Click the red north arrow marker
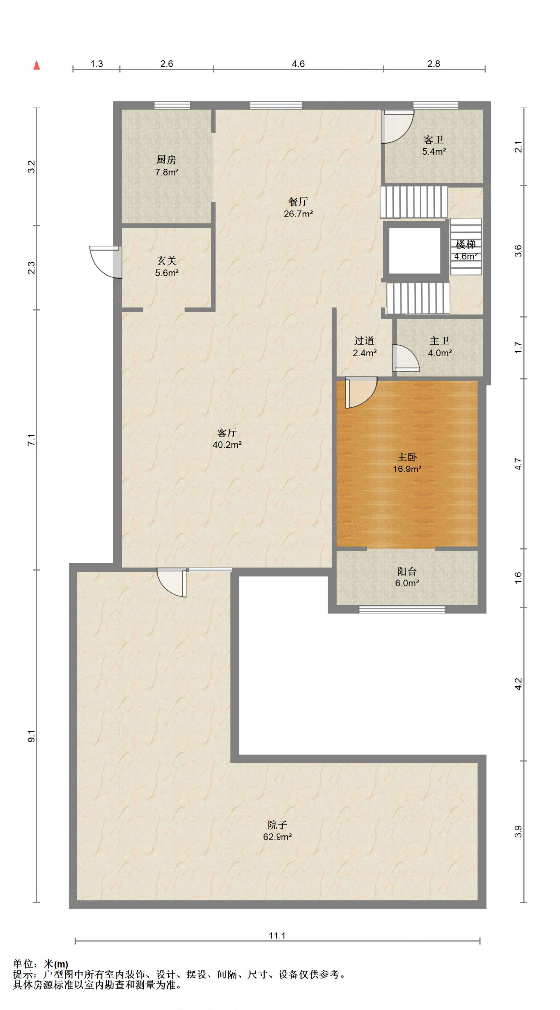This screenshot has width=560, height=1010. pos(36,65)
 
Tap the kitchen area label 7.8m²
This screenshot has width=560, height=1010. pos(167,172)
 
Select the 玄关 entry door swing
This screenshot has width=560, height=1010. pos(106,261)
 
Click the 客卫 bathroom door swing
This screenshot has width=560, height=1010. pos(397,127)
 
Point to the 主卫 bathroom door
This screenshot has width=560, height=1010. pos(406,358)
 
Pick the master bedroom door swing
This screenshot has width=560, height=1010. pos(361,393)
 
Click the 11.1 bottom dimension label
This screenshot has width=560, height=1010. pos(277,936)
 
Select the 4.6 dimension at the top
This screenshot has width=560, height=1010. pos(298,64)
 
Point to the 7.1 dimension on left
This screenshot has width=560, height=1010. pos(31,440)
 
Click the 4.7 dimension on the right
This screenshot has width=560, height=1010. pos(518,464)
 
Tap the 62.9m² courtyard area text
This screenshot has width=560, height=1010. pos(278,837)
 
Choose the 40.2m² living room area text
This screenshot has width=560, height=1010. pos(227,445)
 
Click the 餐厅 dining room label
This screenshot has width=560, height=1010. pos(298,201)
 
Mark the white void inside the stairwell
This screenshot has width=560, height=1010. pos(415,251)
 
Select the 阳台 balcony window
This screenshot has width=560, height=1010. pos(402,610)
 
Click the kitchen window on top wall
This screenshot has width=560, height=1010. pos(172,105)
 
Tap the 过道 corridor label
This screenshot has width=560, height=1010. pos(364,341)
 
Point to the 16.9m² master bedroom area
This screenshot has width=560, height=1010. pos(407,469)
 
